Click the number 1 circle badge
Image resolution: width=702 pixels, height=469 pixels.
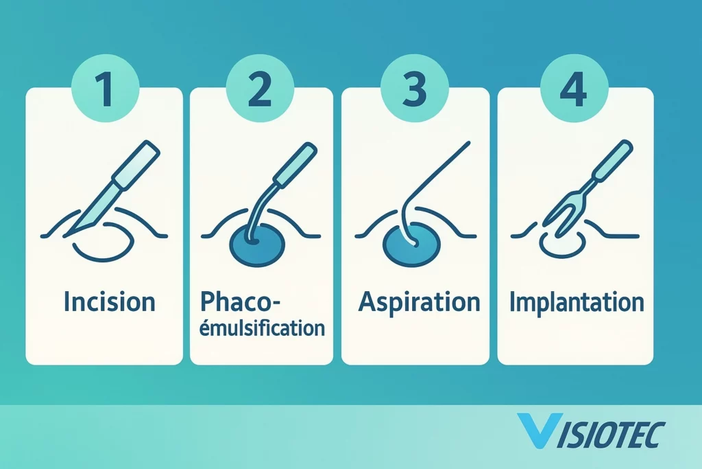(x=105, y=88)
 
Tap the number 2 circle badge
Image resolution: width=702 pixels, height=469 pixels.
(x=260, y=88)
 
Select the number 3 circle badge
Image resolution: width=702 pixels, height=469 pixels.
(x=415, y=88)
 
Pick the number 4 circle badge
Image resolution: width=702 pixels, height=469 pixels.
(x=574, y=88)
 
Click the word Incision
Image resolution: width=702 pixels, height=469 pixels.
(x=110, y=301)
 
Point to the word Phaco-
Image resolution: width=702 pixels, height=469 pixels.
(x=239, y=301)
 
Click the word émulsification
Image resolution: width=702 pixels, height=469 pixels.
(x=262, y=328)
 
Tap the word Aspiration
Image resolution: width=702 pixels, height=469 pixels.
(x=419, y=302)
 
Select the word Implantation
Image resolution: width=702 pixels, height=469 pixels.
(x=577, y=302)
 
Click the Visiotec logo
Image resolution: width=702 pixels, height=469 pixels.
(x=591, y=431)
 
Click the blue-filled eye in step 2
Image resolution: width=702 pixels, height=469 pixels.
(x=257, y=244)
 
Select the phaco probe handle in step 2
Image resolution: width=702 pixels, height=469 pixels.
(x=296, y=164)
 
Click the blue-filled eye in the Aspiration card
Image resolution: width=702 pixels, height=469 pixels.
(x=412, y=245)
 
